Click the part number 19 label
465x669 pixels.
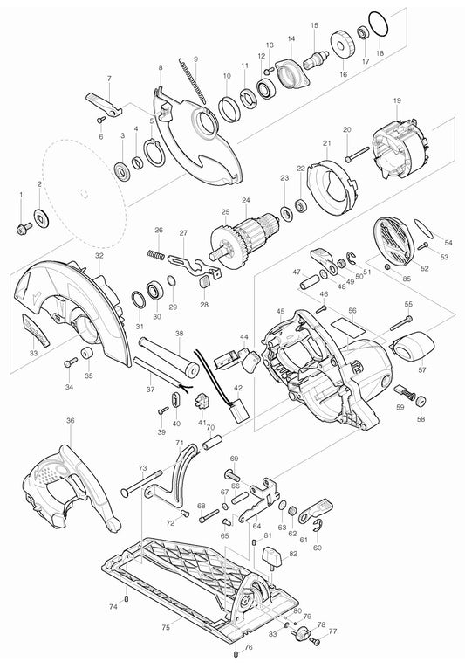398,102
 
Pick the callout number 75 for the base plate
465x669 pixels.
166,625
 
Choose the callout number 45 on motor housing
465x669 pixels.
280,311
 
